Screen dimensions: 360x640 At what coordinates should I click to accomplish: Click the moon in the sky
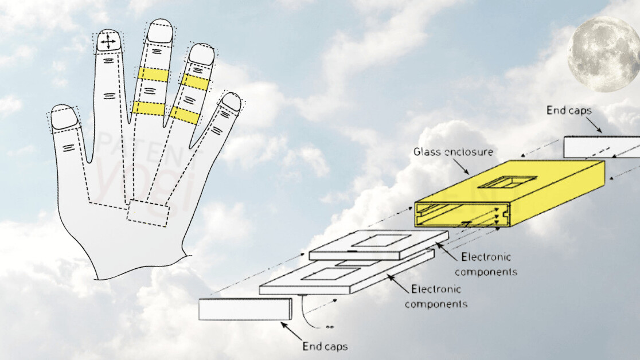coord(604,53)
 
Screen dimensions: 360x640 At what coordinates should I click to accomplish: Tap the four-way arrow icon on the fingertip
coord(108,42)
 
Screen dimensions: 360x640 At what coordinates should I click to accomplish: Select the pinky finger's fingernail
coord(231,101)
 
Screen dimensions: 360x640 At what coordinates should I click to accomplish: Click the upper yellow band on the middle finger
coord(152,74)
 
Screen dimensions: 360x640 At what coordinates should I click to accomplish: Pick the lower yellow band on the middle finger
coord(148,107)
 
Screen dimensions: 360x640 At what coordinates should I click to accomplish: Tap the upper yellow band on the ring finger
coord(195,82)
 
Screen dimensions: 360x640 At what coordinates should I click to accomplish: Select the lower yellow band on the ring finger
coord(185,115)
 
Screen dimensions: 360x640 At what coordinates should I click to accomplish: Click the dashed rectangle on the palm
coord(148,212)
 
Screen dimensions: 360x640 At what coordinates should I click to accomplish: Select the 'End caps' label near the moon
coord(569,110)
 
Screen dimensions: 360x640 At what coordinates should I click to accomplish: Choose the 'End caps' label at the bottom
coord(325,346)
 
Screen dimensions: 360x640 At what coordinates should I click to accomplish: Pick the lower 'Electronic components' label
coord(436,296)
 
